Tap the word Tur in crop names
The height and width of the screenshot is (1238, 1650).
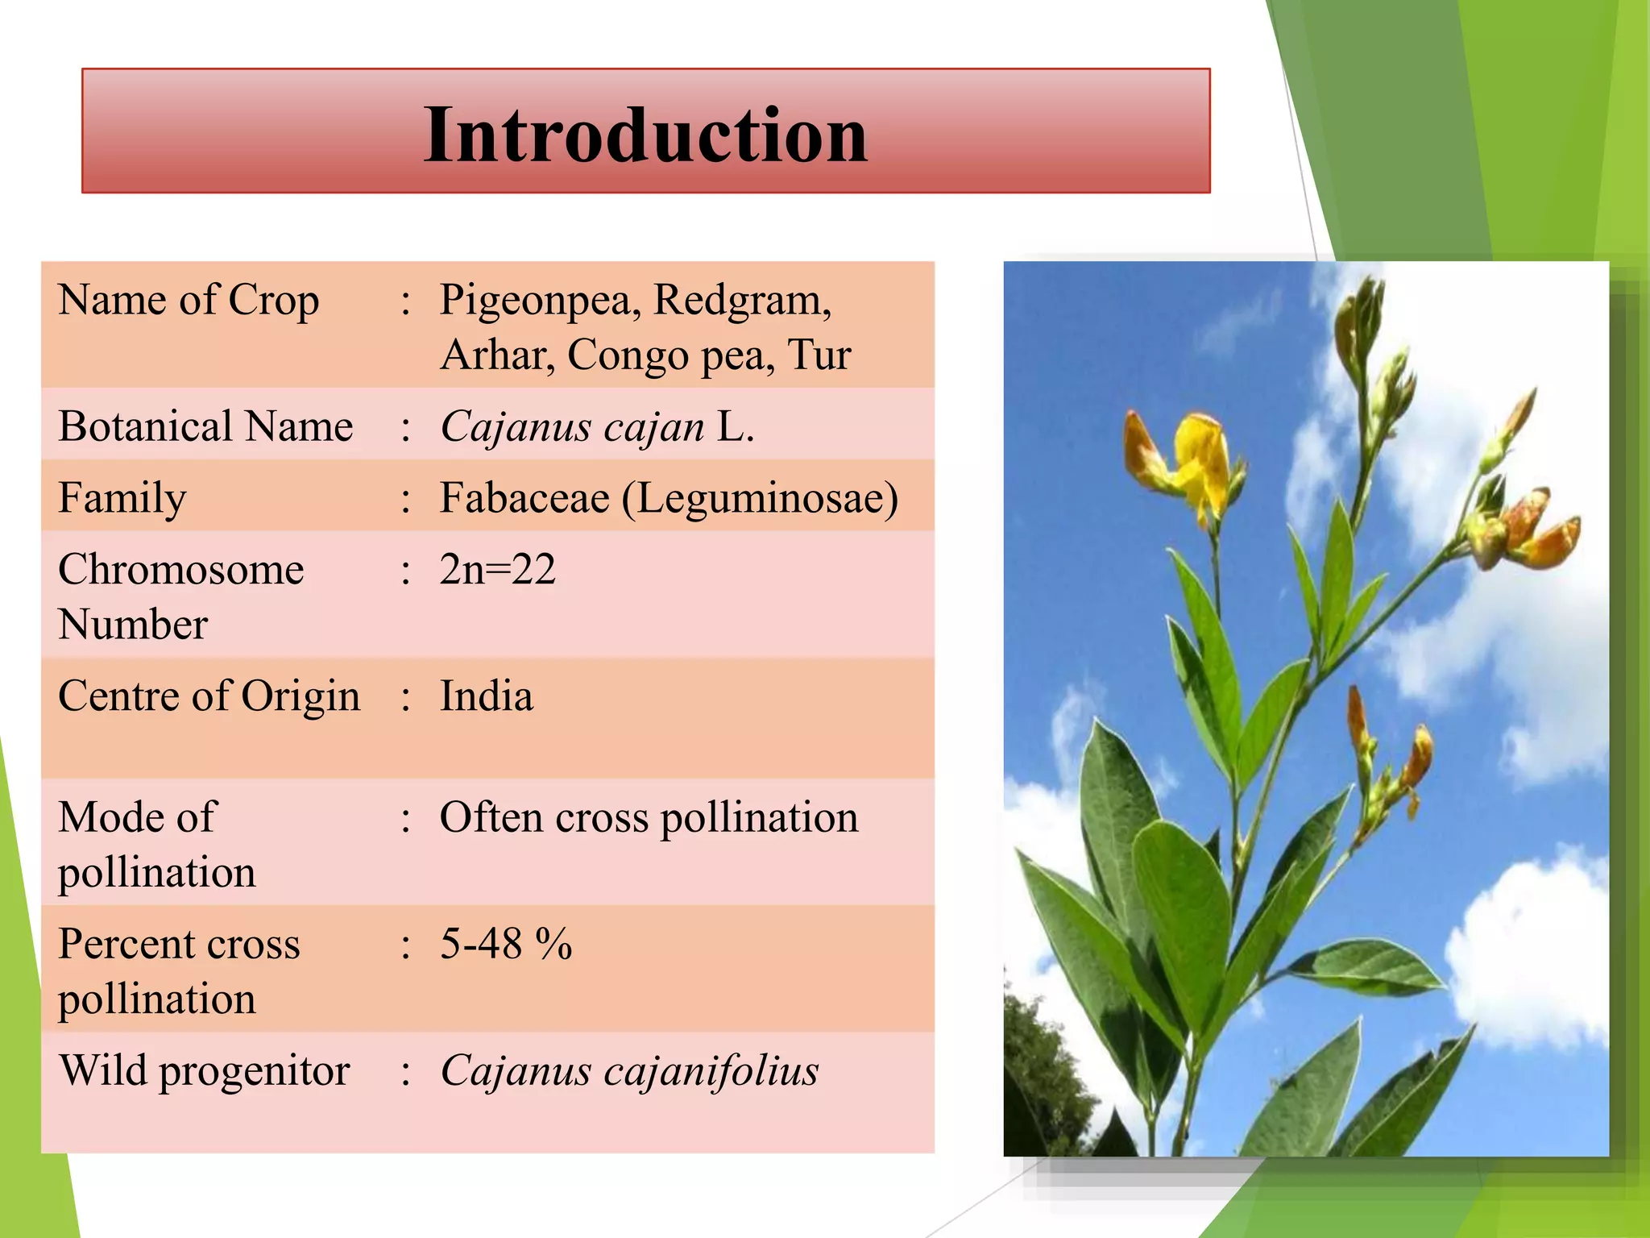819,355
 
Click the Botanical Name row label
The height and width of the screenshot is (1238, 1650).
205,426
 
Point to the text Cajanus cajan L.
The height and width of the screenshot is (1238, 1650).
596,427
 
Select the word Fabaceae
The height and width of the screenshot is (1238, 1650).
524,498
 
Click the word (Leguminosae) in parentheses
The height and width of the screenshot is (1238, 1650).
760,499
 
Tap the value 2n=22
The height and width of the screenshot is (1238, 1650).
497,570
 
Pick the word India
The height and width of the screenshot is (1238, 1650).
486,696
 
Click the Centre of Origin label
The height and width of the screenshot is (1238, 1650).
209,696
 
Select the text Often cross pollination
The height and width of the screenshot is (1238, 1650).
649,818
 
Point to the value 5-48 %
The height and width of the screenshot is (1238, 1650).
505,944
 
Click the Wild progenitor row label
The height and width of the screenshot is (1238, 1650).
204,1071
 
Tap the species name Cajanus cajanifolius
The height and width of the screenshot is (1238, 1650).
628,1071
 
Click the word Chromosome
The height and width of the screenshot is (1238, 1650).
181,570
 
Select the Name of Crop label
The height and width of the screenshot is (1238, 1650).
189,301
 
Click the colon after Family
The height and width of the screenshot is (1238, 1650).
406,500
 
